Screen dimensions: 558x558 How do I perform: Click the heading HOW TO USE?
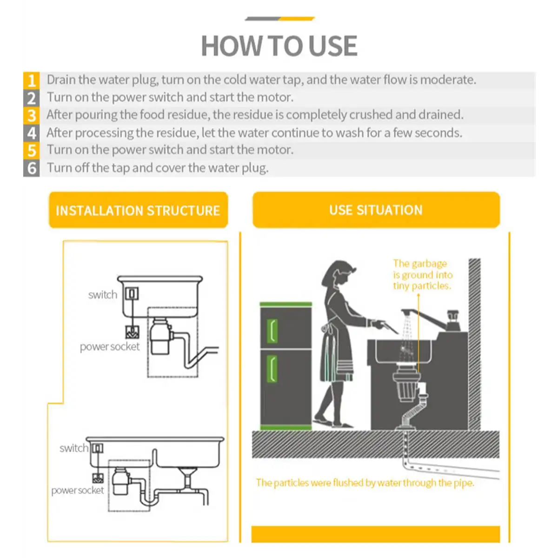coord(279,46)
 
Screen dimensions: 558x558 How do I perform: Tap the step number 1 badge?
coord(32,80)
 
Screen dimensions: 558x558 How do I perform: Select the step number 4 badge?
coord(32,133)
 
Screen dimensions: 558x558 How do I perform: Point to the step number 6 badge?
coord(32,168)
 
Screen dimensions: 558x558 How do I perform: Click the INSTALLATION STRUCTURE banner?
coord(138,211)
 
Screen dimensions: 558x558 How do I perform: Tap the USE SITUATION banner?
coord(376,210)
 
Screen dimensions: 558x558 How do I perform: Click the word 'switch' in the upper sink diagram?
coord(103,295)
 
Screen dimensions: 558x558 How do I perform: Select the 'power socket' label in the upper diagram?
coord(110,347)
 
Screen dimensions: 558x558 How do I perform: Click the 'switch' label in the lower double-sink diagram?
coord(73,448)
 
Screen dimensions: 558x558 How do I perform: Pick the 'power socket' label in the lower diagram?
coord(78,491)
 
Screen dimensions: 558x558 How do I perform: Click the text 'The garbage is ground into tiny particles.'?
coord(422,275)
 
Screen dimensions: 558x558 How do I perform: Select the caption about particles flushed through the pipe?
coord(365,483)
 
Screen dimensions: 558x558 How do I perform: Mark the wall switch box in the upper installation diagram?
coord(132,293)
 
